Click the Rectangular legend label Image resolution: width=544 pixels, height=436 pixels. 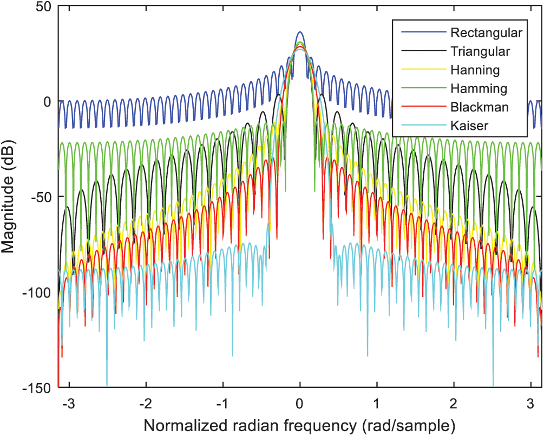coord(486,33)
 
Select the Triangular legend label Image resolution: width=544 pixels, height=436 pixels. coord(480,52)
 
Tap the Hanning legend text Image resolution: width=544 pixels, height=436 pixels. coord(475,70)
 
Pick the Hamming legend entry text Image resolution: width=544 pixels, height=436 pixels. coord(479,89)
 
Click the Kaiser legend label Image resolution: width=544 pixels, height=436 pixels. coord(469,125)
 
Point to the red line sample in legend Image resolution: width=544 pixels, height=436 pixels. coord(423,107)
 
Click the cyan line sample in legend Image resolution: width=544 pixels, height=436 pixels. coord(423,125)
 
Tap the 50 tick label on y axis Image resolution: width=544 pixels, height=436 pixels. coord(40,6)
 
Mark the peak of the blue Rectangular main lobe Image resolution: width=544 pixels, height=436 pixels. coord(300,32)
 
